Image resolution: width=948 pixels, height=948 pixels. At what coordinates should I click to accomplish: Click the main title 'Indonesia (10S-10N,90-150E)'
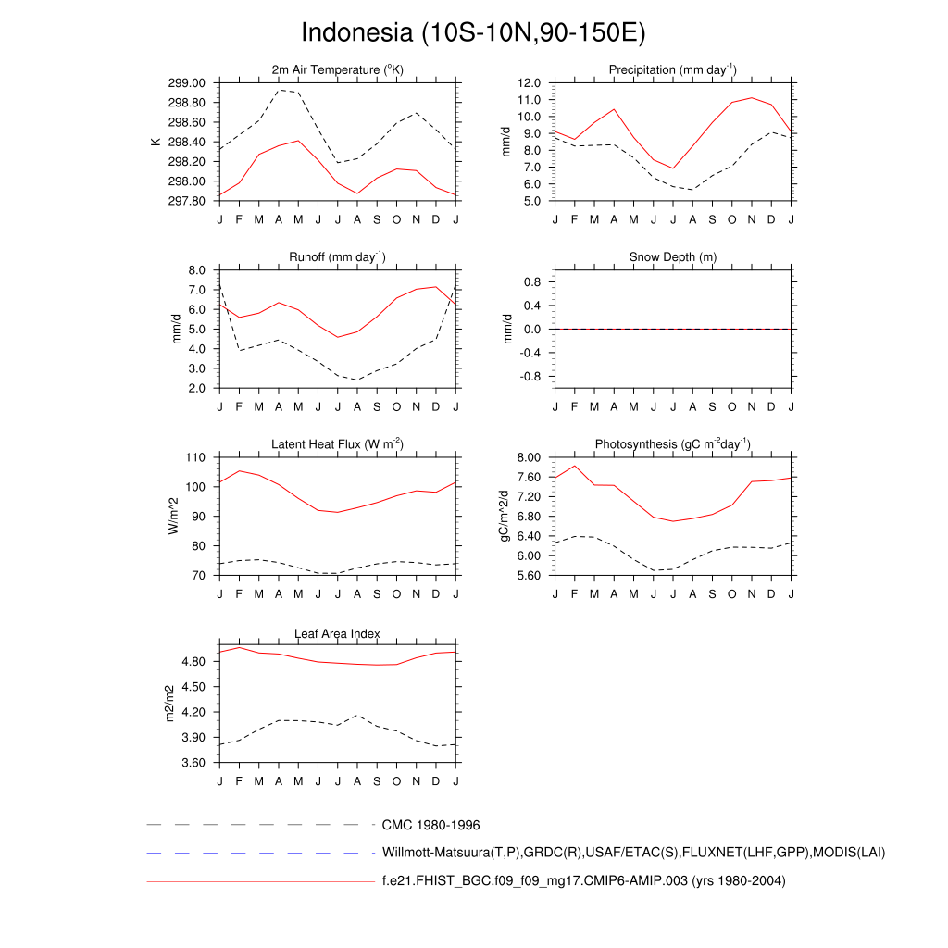pyautogui.click(x=473, y=32)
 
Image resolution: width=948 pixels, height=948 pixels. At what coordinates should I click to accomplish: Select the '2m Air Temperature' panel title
pyautogui.click(x=337, y=70)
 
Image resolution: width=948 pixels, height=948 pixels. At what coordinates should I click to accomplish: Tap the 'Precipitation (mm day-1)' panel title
pyautogui.click(x=672, y=70)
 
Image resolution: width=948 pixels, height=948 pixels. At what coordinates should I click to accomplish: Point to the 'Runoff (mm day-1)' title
pyautogui.click(x=337, y=257)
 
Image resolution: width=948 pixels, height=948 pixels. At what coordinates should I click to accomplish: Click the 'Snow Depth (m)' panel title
pyautogui.click(x=672, y=257)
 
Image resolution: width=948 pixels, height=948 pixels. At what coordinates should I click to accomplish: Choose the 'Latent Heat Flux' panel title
pyautogui.click(x=337, y=444)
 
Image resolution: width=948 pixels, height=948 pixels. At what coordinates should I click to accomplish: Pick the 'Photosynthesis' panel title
pyautogui.click(x=672, y=444)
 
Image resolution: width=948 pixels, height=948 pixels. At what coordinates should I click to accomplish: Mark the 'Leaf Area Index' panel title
pyautogui.click(x=337, y=634)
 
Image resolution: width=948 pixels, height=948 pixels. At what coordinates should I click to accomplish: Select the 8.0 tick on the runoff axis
pyautogui.click(x=196, y=270)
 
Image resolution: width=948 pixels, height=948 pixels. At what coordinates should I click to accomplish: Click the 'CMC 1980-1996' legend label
pyautogui.click(x=430, y=825)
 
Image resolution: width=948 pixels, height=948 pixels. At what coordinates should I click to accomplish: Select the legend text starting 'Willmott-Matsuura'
pyautogui.click(x=633, y=853)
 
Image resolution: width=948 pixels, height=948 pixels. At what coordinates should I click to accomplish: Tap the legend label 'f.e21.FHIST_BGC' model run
pyautogui.click(x=583, y=881)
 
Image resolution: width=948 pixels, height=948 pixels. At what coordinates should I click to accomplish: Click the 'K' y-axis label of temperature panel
pyautogui.click(x=156, y=142)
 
